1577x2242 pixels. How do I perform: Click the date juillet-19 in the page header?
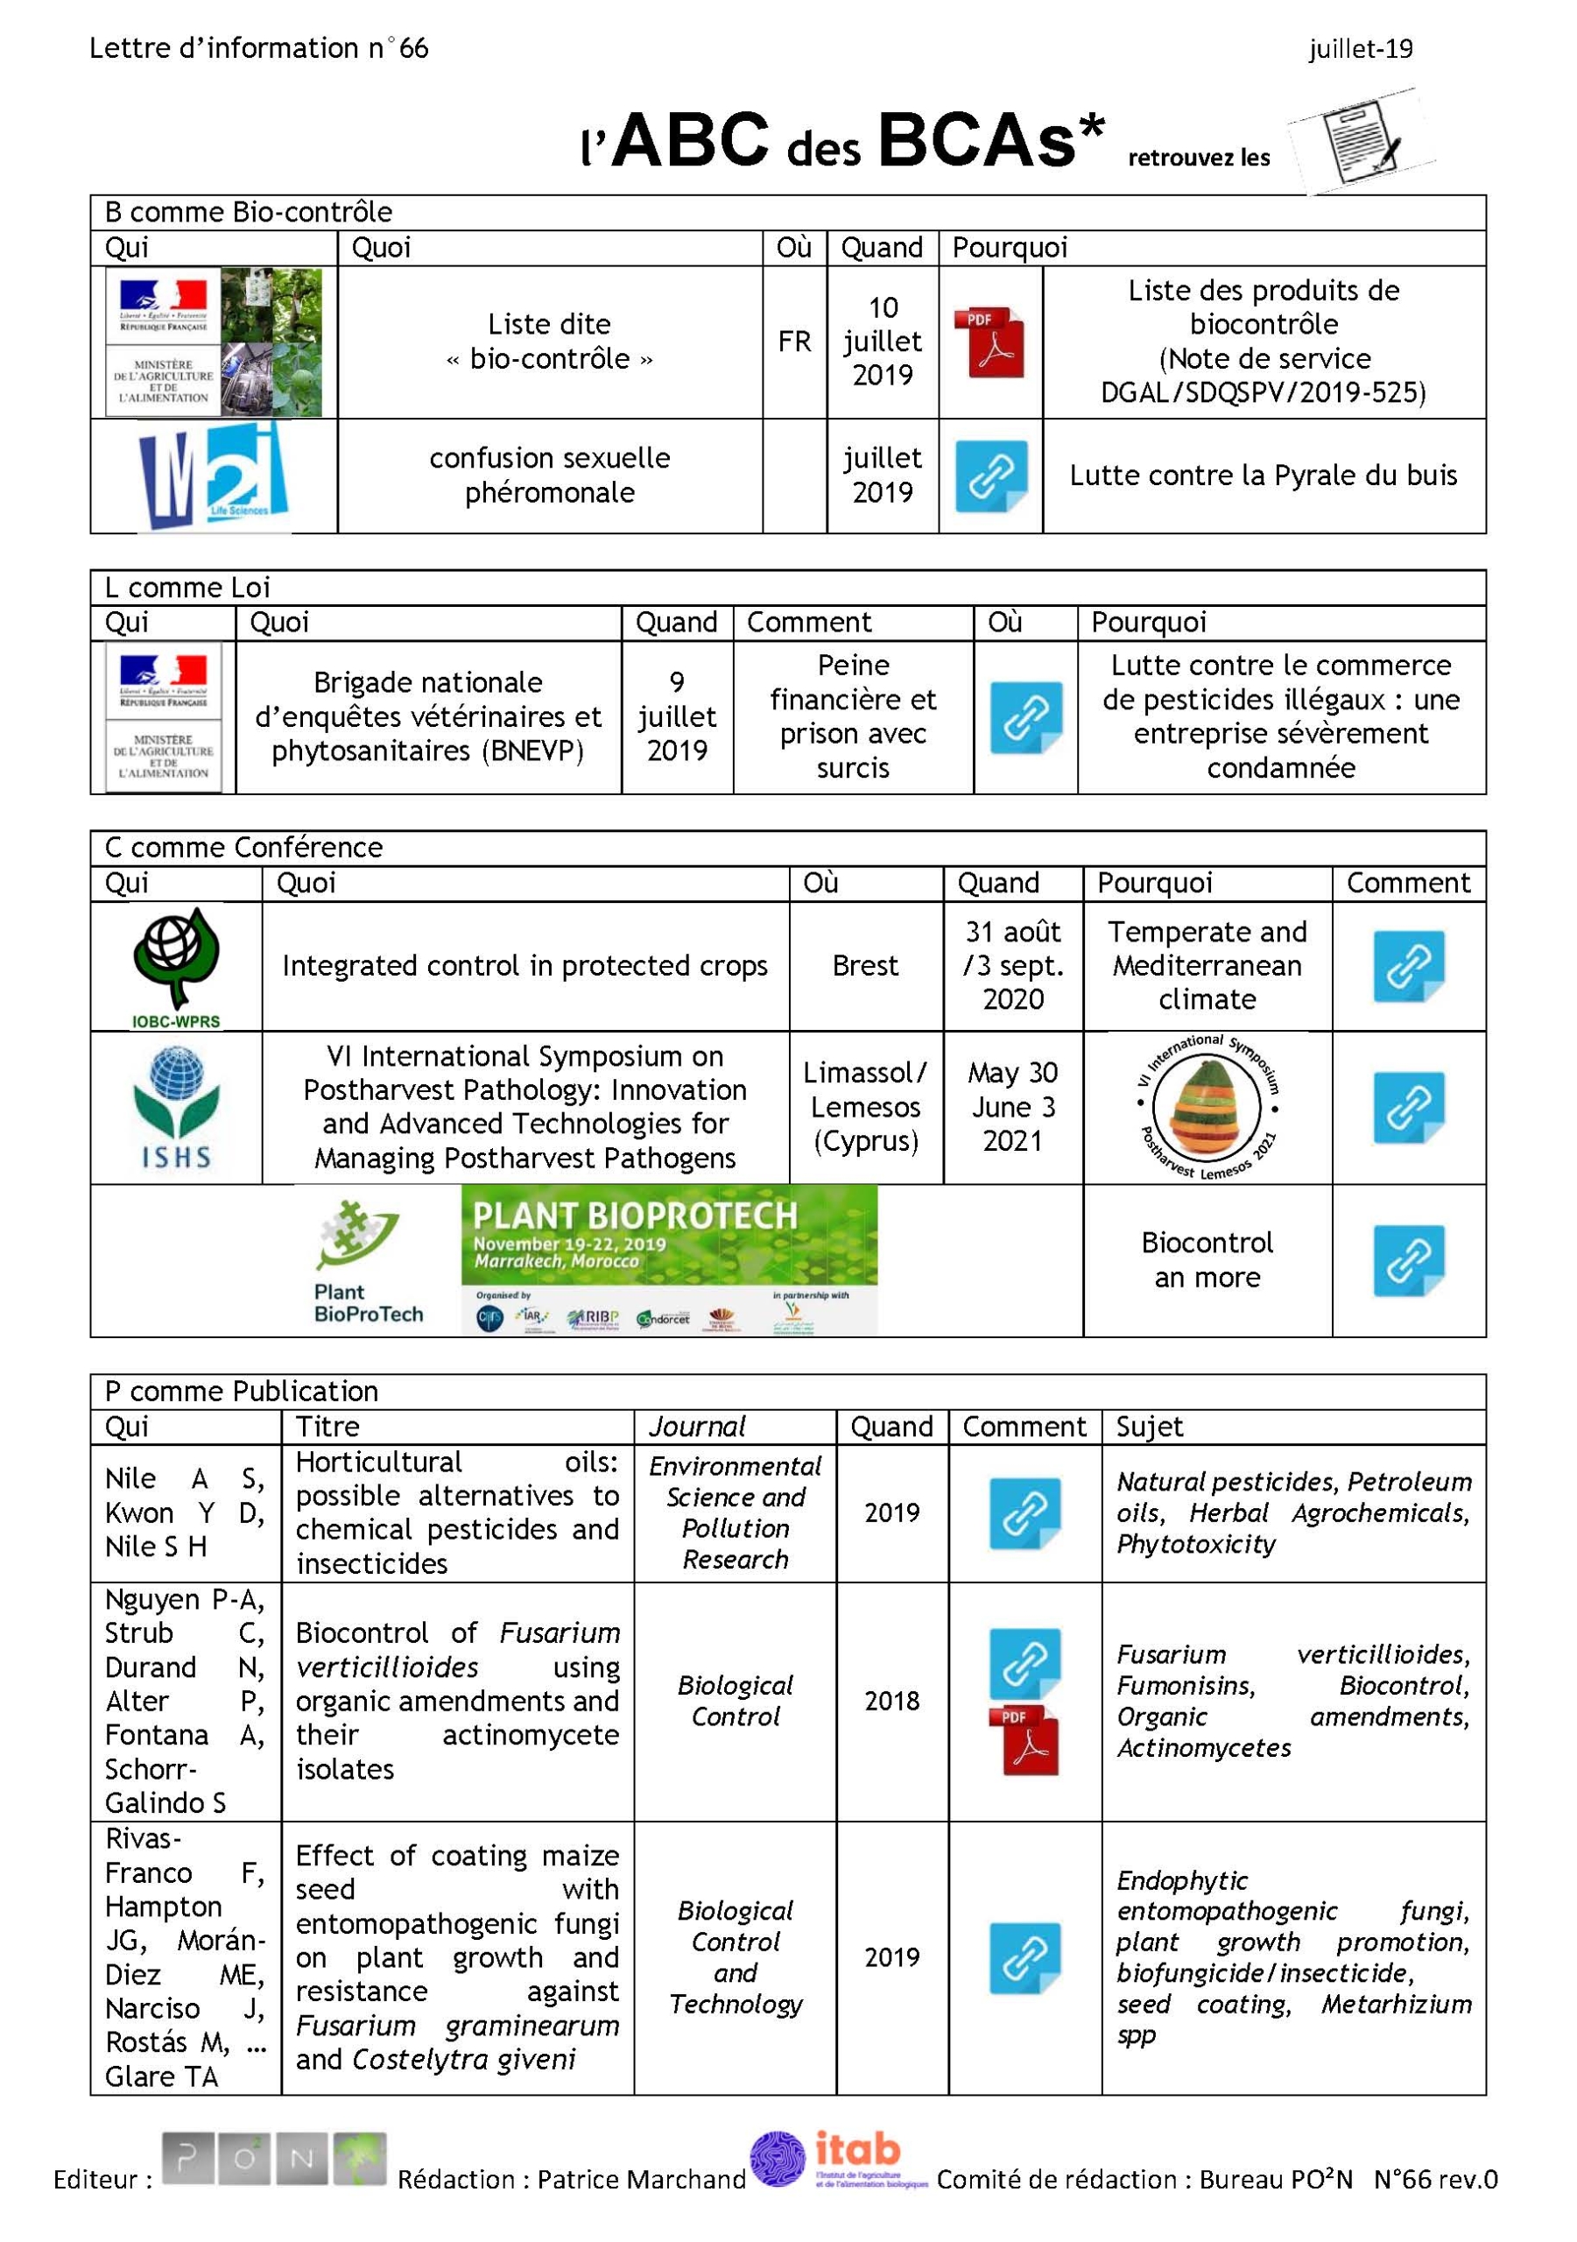click(1360, 49)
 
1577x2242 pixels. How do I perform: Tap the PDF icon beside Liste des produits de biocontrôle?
click(989, 342)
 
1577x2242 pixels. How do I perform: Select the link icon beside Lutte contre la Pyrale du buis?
click(990, 476)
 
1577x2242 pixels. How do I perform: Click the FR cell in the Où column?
click(794, 342)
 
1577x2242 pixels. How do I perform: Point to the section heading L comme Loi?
click(187, 588)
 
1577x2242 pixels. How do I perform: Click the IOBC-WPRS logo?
click(176, 967)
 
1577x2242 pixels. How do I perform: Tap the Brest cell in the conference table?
click(865, 966)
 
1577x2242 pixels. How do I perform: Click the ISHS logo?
click(176, 1107)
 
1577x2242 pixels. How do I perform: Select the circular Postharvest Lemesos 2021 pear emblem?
click(1207, 1107)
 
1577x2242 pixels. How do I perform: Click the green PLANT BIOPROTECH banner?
click(669, 1259)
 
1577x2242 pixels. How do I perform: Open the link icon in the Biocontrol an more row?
click(1408, 1260)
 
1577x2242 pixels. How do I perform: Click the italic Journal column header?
click(697, 1428)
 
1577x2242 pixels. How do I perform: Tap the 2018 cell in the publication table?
click(891, 1701)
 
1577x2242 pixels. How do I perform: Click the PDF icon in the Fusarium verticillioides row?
click(1024, 1740)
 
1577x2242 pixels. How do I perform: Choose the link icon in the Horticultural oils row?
click(1024, 1513)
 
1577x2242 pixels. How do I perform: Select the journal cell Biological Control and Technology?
click(736, 1956)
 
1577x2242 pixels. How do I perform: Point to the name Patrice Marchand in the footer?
click(641, 2180)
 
